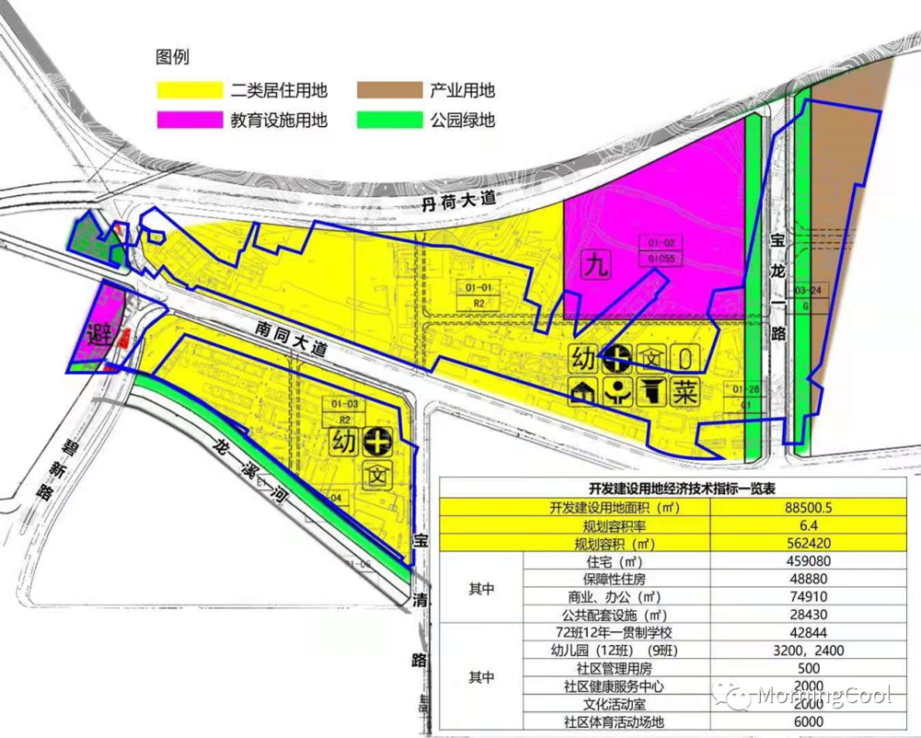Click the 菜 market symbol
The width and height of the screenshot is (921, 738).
pos(685,392)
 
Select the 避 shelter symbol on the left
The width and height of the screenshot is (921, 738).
pos(99,334)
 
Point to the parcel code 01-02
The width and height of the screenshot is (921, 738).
pos(662,244)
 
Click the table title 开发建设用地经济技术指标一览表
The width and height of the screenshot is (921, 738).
pos(682,488)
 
